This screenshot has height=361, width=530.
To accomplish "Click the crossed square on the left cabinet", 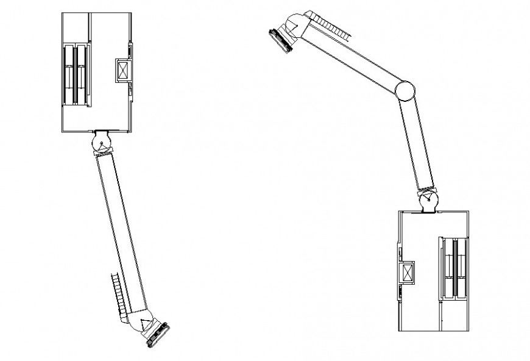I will pos(123,70).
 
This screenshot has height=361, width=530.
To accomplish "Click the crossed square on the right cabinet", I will pos(406,272).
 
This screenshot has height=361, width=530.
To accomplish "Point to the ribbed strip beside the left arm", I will pos(118,292).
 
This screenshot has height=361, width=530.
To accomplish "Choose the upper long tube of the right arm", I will pos(351,57).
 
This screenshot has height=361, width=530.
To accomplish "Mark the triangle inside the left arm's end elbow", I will pos(146,324).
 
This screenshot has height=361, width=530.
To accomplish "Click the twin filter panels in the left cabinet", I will pos(76,74).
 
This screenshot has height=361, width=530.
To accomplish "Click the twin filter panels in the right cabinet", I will pos(454,268).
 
